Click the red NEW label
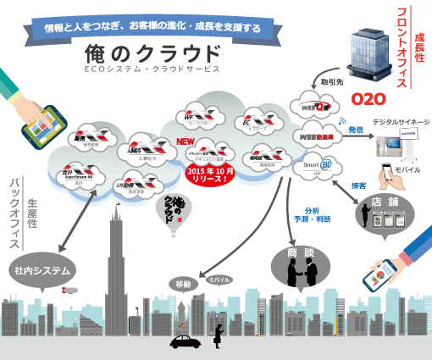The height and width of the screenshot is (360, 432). pyautogui.click(x=184, y=142)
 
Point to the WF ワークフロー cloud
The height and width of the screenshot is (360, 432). pyautogui.click(x=202, y=116)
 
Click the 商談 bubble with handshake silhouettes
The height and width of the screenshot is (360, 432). pyautogui.click(x=300, y=263)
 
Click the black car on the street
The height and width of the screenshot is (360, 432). pyautogui.click(x=185, y=342)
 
